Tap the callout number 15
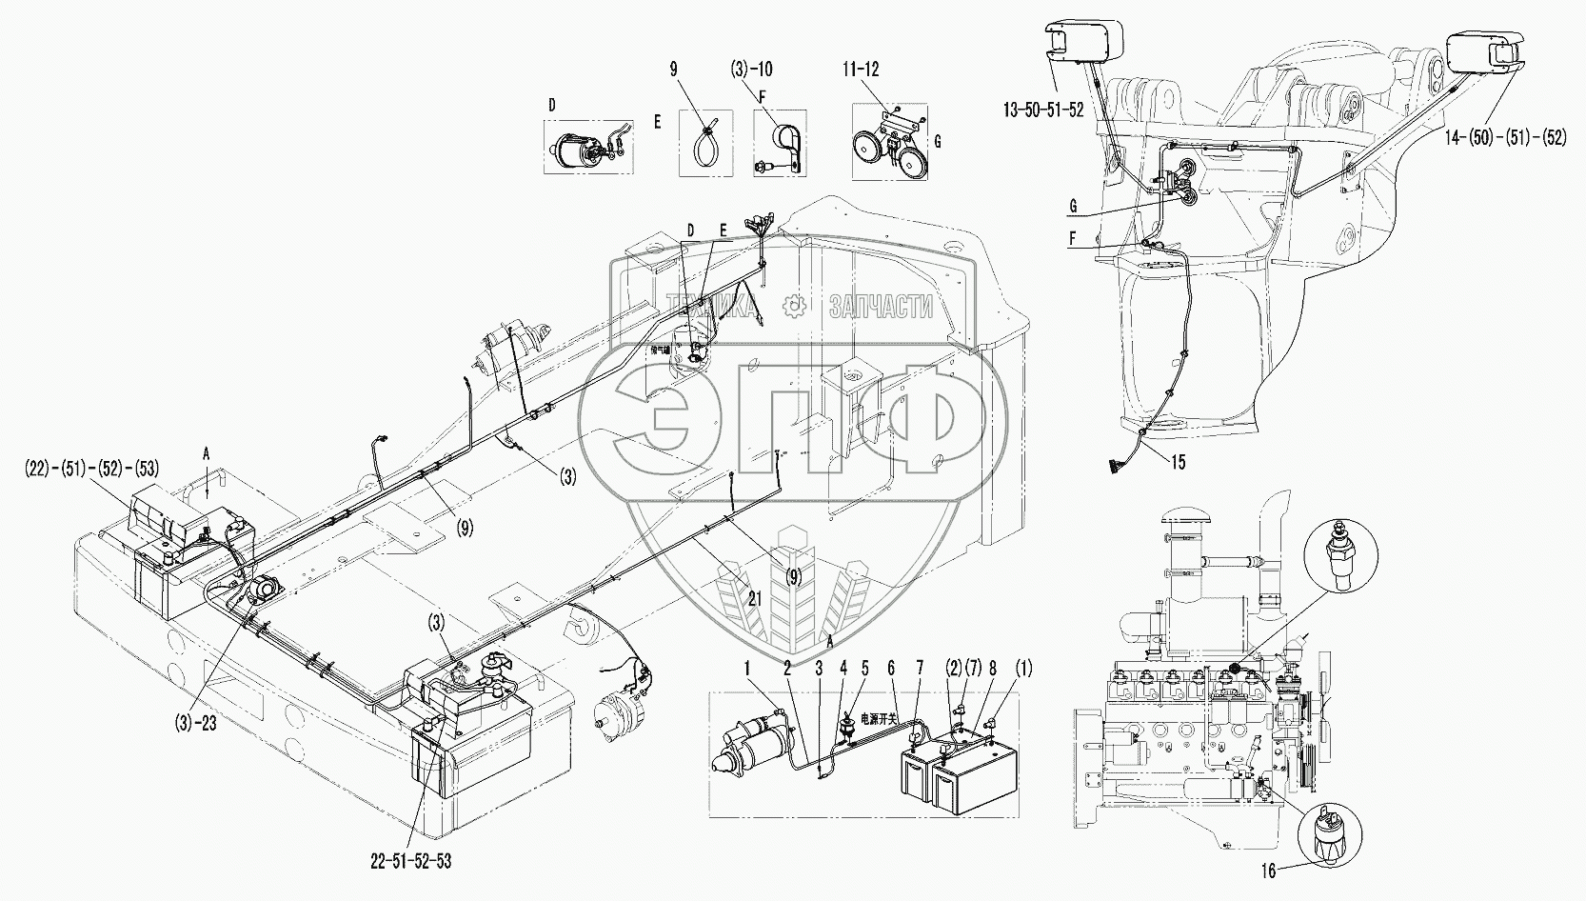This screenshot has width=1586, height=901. [1179, 463]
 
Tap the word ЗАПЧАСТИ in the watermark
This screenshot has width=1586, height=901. [881, 306]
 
